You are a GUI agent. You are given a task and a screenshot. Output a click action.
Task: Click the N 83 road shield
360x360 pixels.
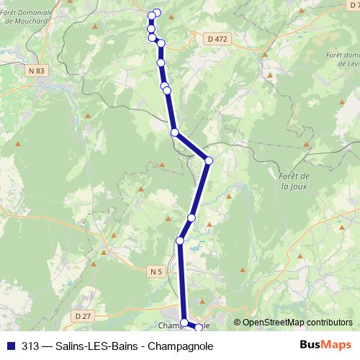pyautogui.click(x=38, y=70)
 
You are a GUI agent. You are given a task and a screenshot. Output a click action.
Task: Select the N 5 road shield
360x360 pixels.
pyautogui.click(x=158, y=271)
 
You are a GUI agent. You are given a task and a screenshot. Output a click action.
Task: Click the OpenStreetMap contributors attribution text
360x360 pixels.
pyautogui.click(x=297, y=322)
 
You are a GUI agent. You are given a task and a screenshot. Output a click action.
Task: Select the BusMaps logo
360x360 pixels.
pyautogui.click(x=326, y=345)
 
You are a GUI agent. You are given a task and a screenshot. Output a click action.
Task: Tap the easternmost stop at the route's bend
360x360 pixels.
pyautogui.click(x=209, y=161)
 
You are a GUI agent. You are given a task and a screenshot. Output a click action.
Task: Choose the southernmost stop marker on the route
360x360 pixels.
pyautogui.click(x=199, y=328)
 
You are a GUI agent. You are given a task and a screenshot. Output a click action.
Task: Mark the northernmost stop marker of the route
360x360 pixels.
pyautogui.click(x=157, y=13)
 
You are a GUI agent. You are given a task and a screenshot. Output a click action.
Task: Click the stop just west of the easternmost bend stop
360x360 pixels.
pyautogui.click(x=174, y=132)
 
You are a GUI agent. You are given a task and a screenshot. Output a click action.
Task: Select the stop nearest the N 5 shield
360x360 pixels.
pyautogui.click(x=180, y=240)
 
